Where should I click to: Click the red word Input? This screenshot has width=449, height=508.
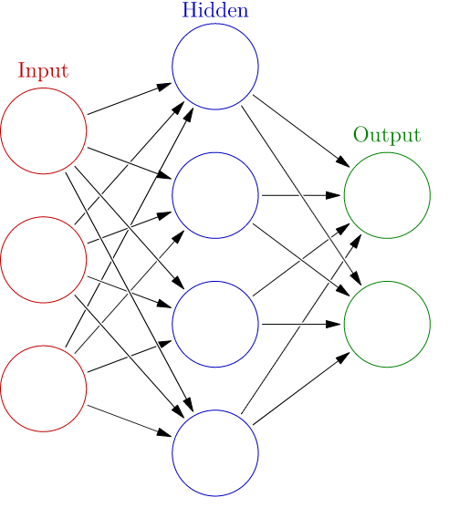pos(43,70)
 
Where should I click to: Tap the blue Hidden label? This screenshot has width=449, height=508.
pos(214,11)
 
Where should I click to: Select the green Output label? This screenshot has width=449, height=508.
pos(387,136)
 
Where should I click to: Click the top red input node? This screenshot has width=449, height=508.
pos(44,130)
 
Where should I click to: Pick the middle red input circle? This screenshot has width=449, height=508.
pos(44,259)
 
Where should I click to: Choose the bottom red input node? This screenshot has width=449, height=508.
pos(44,389)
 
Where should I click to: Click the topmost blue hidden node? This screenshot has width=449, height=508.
pos(215,67)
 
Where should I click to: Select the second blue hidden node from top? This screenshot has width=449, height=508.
pos(215,195)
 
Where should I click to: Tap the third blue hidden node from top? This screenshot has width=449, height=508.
pos(215,324)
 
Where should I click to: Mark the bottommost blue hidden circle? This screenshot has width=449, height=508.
pos(215,453)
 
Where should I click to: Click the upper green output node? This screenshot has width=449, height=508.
pos(387,195)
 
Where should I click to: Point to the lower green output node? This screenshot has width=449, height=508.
pos(387,324)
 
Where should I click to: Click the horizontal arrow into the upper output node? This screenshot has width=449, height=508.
pos(301,195)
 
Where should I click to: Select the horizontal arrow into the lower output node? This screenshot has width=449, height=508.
pos(301,324)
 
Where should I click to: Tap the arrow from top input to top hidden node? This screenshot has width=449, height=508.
pos(129,98)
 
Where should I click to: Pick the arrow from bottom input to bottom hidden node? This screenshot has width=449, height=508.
pos(129,420)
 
